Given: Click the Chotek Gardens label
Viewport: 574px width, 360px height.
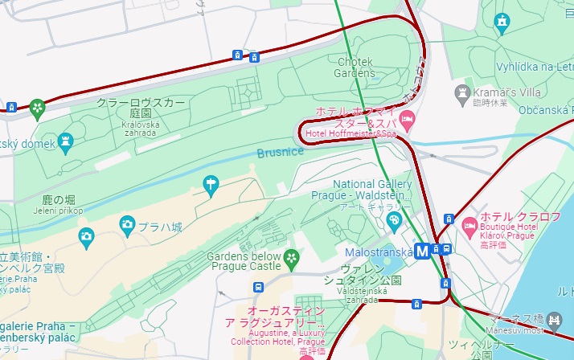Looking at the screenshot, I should coord(355,67).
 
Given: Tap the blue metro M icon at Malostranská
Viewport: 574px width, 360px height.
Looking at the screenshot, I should coord(422,250).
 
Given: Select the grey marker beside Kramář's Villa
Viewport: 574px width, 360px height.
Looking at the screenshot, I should coord(462,93).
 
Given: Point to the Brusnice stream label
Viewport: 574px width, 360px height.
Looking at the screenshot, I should coord(281,152).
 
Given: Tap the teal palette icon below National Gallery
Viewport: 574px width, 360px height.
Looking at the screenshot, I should coord(393,219).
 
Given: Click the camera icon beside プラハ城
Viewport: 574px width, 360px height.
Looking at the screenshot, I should coord(127,223).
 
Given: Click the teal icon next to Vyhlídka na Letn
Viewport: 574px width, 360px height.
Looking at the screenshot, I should coord(503,20).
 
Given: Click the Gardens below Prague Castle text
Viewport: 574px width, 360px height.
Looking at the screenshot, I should coord(244,261).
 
